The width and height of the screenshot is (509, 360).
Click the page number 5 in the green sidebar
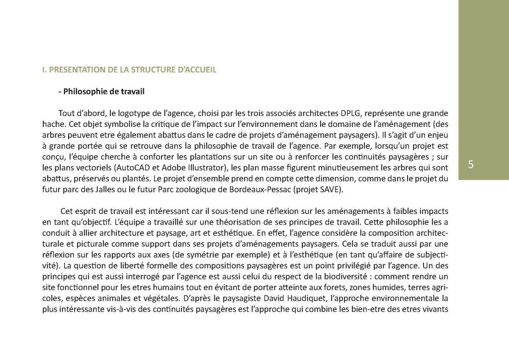(x=471, y=165)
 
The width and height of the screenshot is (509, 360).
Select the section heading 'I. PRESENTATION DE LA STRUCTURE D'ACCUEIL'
(x=129, y=70)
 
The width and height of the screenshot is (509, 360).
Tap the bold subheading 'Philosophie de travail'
(x=105, y=92)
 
